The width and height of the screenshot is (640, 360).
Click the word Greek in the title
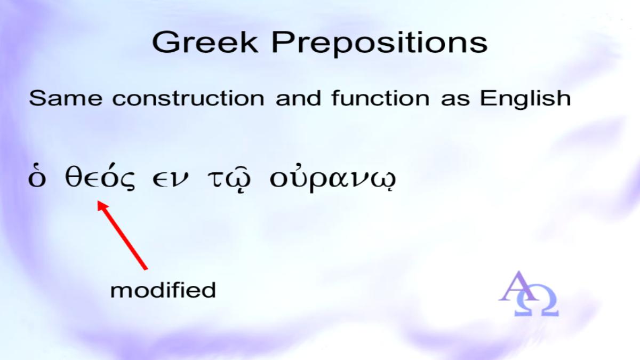click(x=205, y=42)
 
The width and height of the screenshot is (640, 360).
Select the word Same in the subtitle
click(x=66, y=98)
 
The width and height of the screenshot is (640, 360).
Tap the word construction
click(x=188, y=98)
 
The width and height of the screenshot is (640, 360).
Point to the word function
click(x=381, y=98)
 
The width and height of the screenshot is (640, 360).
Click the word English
click(x=525, y=99)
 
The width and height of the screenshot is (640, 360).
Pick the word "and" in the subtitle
click(x=298, y=98)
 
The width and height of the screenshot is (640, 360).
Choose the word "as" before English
click(x=455, y=100)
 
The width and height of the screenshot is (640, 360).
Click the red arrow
click(x=123, y=235)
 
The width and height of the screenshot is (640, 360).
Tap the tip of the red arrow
click(x=98, y=201)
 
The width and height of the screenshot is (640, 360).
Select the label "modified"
click(x=163, y=290)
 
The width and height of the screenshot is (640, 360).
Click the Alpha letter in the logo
click(x=518, y=286)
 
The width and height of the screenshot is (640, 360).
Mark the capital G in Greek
click(x=165, y=42)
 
